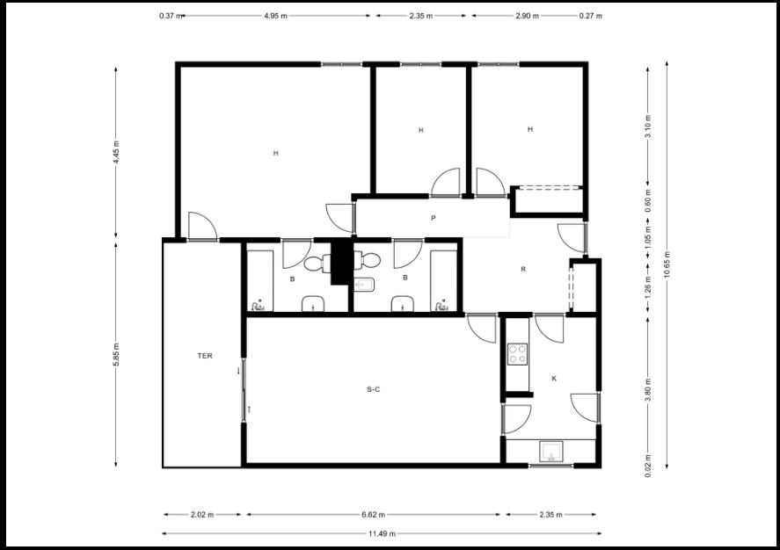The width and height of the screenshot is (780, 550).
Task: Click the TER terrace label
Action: pyautogui.click(x=205, y=356)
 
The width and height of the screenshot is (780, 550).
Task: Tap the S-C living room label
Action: pyautogui.click(x=373, y=389)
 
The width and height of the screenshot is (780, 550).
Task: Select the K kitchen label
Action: pyautogui.click(x=554, y=379)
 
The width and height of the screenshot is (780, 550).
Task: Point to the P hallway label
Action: pyautogui.click(x=434, y=218)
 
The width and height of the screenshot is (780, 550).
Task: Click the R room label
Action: pyautogui.click(x=523, y=269)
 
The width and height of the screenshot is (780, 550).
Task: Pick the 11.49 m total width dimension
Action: pyautogui.click(x=382, y=534)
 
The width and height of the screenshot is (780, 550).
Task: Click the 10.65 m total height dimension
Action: pyautogui.click(x=667, y=264)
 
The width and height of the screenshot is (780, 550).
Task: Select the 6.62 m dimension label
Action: pyautogui.click(x=373, y=515)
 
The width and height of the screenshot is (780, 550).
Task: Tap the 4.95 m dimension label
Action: pyautogui.click(x=275, y=16)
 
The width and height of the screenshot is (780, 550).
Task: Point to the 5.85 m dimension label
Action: pyautogui.click(x=116, y=354)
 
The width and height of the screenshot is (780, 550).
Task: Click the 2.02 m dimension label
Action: pyautogui.click(x=202, y=515)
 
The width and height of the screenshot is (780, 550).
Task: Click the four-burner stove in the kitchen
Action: pyautogui.click(x=517, y=354)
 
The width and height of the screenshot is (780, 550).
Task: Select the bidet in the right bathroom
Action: pyautogui.click(x=365, y=285)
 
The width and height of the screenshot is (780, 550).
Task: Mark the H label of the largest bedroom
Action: pyautogui.click(x=275, y=153)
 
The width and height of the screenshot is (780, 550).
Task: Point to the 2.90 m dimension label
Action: pyautogui.click(x=527, y=16)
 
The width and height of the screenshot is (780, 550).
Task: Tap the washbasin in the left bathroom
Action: pyautogui.click(x=313, y=304)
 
